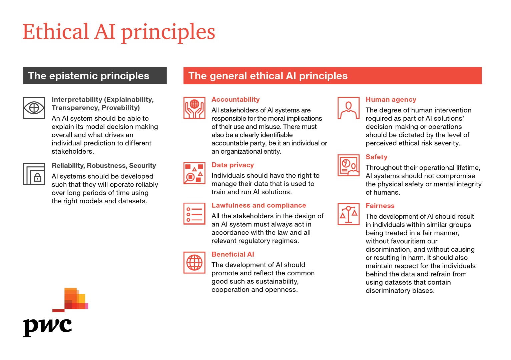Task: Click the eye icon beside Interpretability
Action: click(x=34, y=108)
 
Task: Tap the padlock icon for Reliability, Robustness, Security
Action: click(x=34, y=174)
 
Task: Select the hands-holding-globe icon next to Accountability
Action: click(x=194, y=108)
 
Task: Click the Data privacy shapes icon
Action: click(x=194, y=173)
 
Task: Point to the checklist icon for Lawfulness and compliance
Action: click(x=194, y=214)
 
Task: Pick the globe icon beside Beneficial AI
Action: click(x=194, y=262)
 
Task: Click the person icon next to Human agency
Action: click(x=349, y=108)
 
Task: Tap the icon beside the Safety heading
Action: click(x=349, y=165)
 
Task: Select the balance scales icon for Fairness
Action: click(x=349, y=214)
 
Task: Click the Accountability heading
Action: click(x=235, y=99)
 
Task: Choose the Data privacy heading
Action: click(x=233, y=165)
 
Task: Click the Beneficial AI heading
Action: click(x=233, y=254)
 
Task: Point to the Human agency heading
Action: click(x=391, y=100)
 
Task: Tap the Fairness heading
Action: click(x=380, y=206)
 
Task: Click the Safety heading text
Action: click(x=376, y=157)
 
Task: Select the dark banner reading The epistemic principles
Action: click(x=95, y=76)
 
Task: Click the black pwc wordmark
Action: click(x=47, y=327)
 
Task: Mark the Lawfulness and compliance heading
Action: click(x=259, y=205)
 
